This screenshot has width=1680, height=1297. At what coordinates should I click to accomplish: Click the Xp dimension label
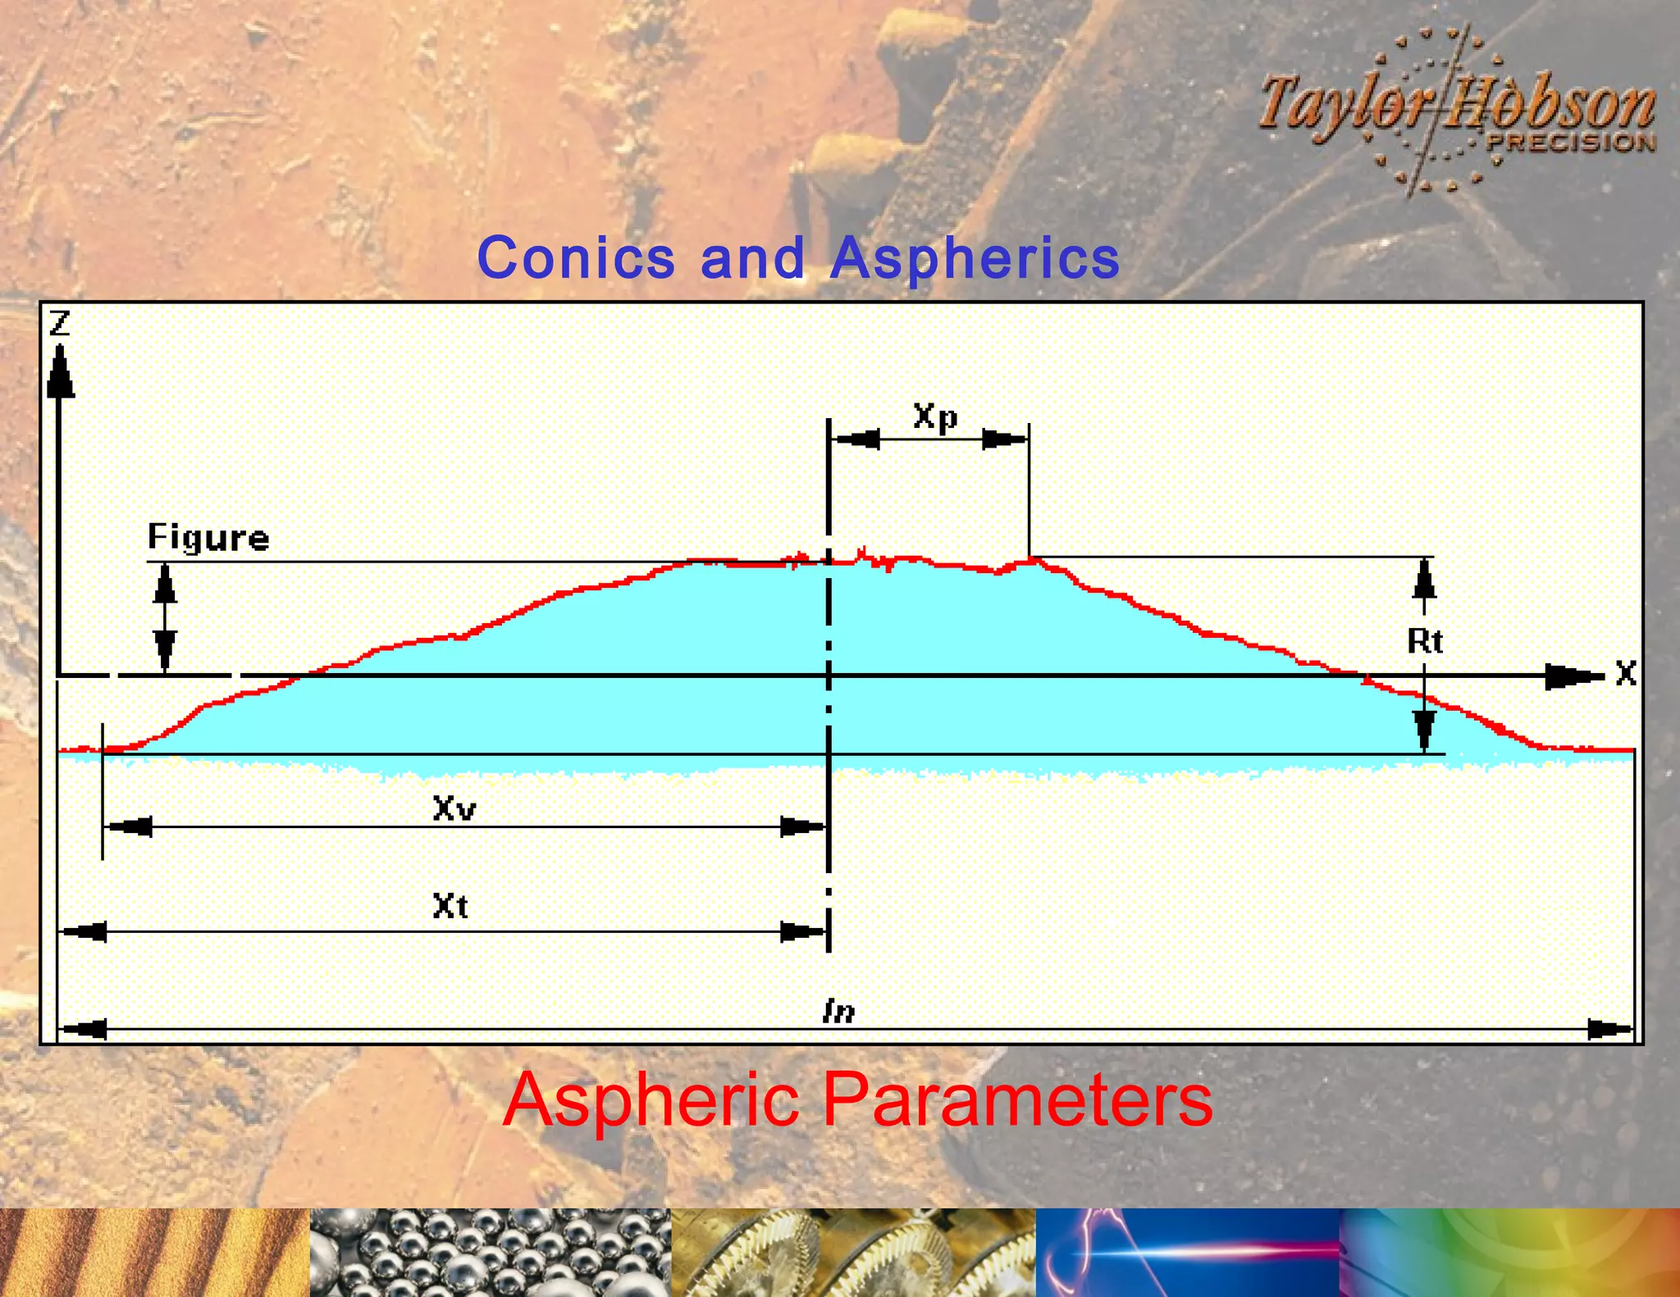coord(935,416)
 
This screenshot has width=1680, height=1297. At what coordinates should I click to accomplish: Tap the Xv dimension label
coord(454,809)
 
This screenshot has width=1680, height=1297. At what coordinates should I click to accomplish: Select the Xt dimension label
coord(450,906)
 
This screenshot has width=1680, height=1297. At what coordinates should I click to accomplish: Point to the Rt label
coord(1425,640)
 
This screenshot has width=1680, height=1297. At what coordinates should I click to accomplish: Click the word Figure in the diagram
coord(208,538)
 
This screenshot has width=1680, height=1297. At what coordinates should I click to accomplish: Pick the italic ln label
coord(838,1011)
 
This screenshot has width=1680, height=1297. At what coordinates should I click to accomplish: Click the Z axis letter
coord(60,323)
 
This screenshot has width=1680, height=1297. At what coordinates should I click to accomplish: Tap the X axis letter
coord(1626,674)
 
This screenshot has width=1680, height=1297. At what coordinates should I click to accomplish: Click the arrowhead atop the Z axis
coord(60,373)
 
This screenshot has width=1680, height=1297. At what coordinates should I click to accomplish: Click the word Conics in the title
coord(576,257)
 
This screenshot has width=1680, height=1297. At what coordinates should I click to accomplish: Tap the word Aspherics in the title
coord(975,259)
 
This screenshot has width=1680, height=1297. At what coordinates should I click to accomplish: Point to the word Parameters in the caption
coord(1017,1100)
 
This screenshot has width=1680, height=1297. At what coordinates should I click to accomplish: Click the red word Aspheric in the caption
coord(651,1100)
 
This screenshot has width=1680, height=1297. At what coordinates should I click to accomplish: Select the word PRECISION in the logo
coord(1571,143)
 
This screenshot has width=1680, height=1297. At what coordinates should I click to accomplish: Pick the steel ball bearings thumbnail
coord(490,1252)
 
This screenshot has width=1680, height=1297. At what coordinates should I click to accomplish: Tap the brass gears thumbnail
coord(853,1252)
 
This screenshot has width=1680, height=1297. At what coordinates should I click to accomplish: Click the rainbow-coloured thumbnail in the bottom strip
coord(1509,1252)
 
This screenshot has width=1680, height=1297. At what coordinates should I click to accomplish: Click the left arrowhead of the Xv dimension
coord(130,826)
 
